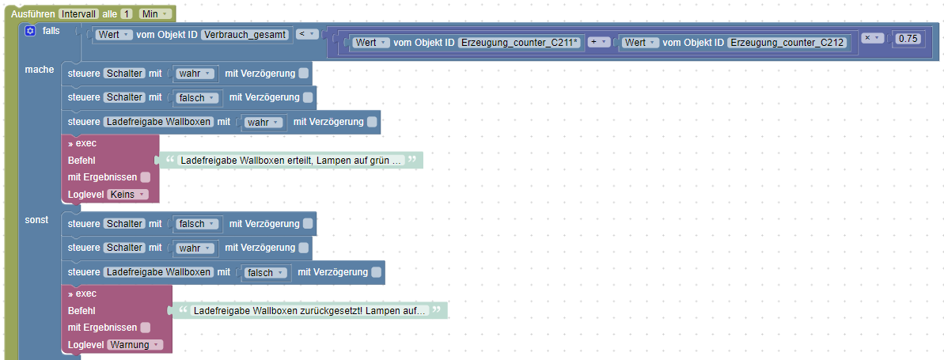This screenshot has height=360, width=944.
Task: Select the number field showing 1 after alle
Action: pyautogui.click(x=127, y=14)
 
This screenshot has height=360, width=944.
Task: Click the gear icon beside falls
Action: pyautogui.click(x=30, y=31)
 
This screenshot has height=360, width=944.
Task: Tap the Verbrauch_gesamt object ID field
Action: pyautogui.click(x=245, y=34)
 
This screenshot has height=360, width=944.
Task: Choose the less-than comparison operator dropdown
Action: pyautogui.click(x=307, y=34)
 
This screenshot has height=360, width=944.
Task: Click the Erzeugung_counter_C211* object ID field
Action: pyautogui.click(x=520, y=42)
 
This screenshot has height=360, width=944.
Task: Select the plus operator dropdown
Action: pyautogui.click(x=597, y=42)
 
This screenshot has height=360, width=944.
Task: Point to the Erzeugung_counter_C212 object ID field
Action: pyautogui.click(x=788, y=42)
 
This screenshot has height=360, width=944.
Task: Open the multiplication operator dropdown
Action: pyautogui.click(x=872, y=38)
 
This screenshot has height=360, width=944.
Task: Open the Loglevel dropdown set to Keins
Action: pyautogui.click(x=127, y=194)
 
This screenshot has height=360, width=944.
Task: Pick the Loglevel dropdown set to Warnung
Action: pyautogui.click(x=135, y=344)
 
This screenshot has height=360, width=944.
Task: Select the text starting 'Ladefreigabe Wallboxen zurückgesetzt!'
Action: pyautogui.click(x=310, y=310)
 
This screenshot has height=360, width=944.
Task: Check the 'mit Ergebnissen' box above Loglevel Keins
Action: pyautogui.click(x=145, y=177)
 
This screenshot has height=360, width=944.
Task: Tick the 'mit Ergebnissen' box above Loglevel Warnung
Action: pyautogui.click(x=145, y=327)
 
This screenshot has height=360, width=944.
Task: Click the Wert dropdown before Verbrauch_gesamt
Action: pyautogui.click(x=113, y=34)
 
